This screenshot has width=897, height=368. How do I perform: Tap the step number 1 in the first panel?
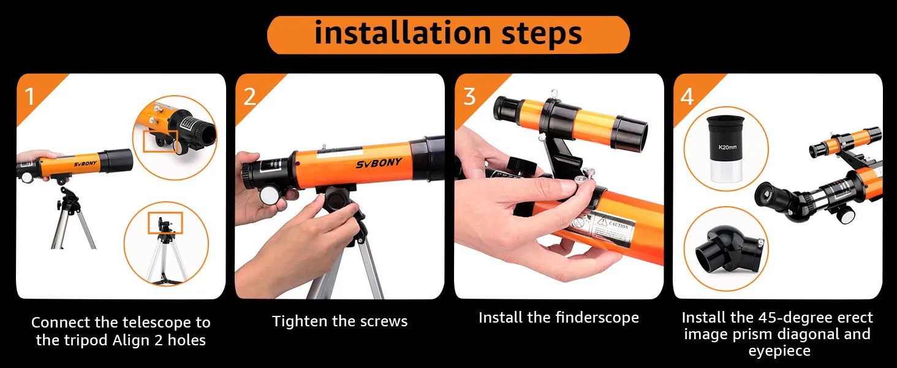click(x=29, y=96)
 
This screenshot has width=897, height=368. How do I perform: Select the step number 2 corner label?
click(x=249, y=96)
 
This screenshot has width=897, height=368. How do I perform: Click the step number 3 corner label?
click(x=469, y=96)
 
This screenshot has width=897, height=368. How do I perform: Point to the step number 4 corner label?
click(x=687, y=96)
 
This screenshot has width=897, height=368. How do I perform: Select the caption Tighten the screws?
click(x=339, y=321)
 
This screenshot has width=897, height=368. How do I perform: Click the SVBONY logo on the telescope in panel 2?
click(x=379, y=163)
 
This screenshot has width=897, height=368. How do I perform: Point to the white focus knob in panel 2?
click(x=269, y=195)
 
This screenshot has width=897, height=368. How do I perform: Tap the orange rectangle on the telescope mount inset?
click(x=160, y=140)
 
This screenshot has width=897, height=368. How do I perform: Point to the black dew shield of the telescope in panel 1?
click(x=115, y=161)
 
